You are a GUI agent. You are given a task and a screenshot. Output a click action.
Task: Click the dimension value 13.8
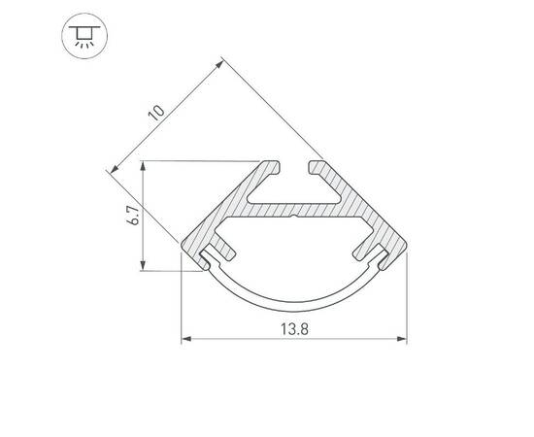pyautogui.click(x=294, y=329)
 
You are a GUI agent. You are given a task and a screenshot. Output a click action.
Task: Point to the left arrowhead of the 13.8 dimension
pyautogui.click(x=186, y=340)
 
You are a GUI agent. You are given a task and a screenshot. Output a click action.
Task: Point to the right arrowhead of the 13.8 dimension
pyautogui.click(x=402, y=340)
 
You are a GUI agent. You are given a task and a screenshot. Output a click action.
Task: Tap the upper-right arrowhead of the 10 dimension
pyautogui.click(x=223, y=65)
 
